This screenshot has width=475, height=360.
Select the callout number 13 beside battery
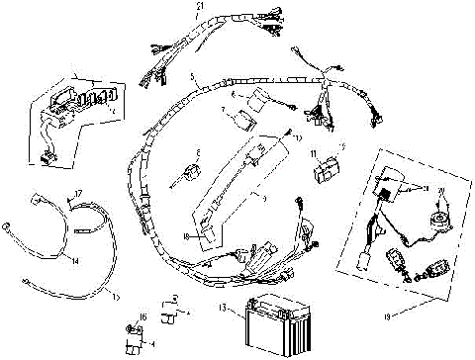pyautogui.click(x=224, y=308)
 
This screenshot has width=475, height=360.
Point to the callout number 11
pyautogui.click(x=314, y=155)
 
